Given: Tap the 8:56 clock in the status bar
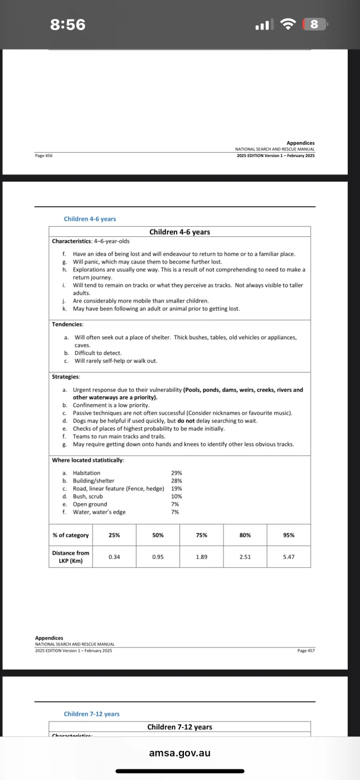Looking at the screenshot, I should coord(68,25).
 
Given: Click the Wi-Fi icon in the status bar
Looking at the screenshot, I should coord(288,25).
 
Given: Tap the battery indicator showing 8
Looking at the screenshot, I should coord(314,25).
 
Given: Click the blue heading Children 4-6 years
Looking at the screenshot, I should coord(90,219).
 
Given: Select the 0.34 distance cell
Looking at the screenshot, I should coord(114,557).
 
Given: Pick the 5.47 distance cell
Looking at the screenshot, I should coord(289,557).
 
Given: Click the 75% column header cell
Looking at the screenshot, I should coord(202,535).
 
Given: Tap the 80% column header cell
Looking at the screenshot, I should coord(245,535).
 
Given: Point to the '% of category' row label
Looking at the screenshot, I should coord(71,535).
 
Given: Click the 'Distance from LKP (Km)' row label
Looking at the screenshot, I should coord(71,557).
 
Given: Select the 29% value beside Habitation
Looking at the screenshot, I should coord(177,473).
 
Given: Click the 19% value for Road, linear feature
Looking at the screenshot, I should coord(177,489).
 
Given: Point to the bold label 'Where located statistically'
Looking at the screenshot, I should coord(88,460).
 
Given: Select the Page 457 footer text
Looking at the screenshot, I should coord(307,650).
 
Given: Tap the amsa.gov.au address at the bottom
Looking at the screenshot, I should coord(180,753).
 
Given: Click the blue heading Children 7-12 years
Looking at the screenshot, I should coord(91,714).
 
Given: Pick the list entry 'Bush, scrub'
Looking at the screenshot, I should coord(87,496).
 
